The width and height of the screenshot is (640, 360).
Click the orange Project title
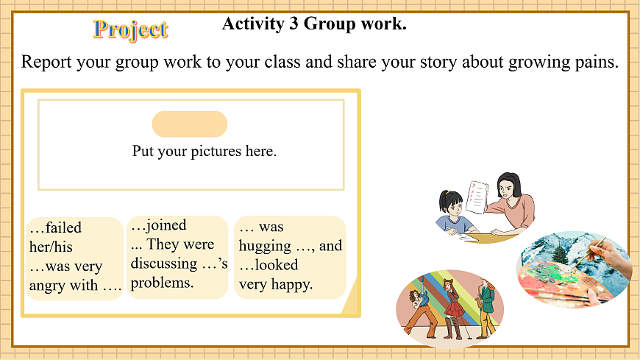click(130, 29)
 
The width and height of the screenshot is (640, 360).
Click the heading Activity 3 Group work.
click(314, 24)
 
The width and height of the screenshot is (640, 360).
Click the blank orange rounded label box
click(190, 124)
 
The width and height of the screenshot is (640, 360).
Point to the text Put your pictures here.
click(204, 151)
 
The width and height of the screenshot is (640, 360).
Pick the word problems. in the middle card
click(162, 282)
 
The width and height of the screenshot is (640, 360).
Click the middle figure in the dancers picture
click(451, 304)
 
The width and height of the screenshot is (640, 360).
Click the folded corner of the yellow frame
click(351, 303)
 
